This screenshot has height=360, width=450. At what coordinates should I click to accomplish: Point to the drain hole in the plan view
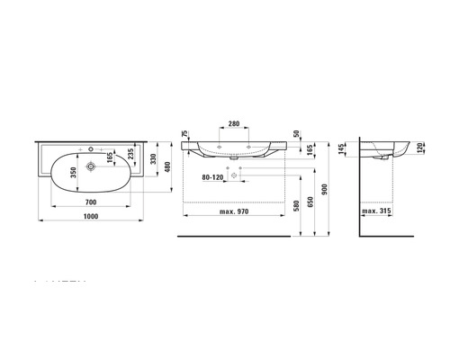[90, 166]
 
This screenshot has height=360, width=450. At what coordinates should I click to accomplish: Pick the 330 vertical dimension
[154, 161]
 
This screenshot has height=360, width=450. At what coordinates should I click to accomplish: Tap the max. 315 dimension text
[376, 212]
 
